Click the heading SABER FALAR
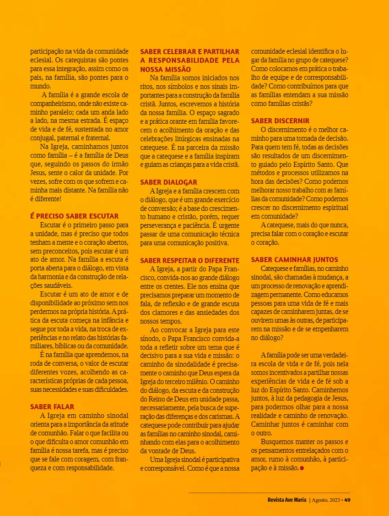click(52, 406)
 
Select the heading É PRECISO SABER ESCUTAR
click(75, 216)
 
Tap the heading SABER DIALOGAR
click(169, 182)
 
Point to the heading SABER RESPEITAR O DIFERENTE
click(190, 260)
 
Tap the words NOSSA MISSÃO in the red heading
click(165, 69)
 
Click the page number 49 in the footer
click(347, 500)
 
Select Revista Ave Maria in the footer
click(287, 500)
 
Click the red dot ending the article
click(302, 468)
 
